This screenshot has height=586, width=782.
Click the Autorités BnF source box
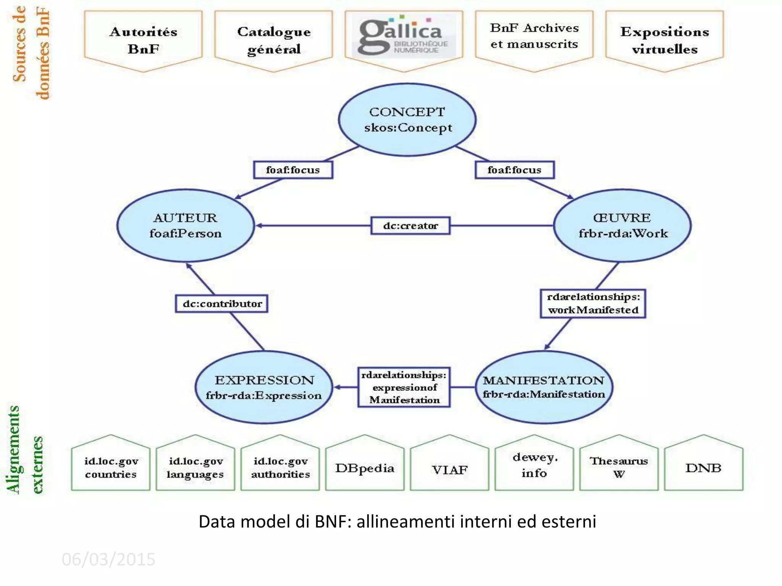pyautogui.click(x=143, y=40)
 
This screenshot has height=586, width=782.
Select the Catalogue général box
pyautogui.click(x=273, y=40)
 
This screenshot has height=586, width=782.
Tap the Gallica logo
pyautogui.click(x=404, y=36)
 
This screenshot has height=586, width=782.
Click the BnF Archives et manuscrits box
pyautogui.click(x=534, y=37)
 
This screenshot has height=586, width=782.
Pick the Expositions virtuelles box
pyautogui.click(x=664, y=40)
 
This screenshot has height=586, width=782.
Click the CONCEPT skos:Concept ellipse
pyautogui.click(x=407, y=119)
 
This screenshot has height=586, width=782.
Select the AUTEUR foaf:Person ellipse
pyautogui.click(x=186, y=225)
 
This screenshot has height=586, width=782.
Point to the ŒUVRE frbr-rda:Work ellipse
pyautogui.click(x=622, y=225)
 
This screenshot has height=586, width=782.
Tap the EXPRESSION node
pyautogui.click(x=264, y=387)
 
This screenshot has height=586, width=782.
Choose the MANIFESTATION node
pyautogui.click(x=544, y=387)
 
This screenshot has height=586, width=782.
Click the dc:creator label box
pyautogui.click(x=410, y=225)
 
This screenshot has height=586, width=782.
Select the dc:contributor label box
pyautogui.click(x=222, y=304)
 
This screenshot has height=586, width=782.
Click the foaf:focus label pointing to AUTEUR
pyautogui.click(x=293, y=170)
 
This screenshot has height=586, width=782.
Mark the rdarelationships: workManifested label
pyautogui.click(x=593, y=303)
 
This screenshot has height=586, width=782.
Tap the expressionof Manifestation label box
pyautogui.click(x=404, y=387)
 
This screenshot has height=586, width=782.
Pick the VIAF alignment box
pyautogui.click(x=449, y=469)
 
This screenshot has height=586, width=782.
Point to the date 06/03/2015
pyautogui.click(x=108, y=559)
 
